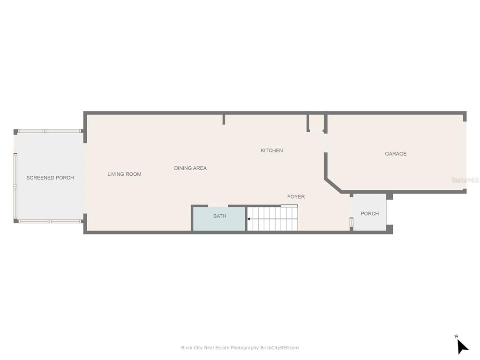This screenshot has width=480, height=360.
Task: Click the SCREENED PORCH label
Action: tap(50, 178)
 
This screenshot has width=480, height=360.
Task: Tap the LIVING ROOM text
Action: tap(124, 174)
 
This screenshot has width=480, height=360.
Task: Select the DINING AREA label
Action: tap(190, 168)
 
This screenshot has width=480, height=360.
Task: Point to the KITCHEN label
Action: tap(271, 150)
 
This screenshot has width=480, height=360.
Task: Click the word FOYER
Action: tap(296, 196)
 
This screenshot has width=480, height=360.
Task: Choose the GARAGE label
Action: tap(396, 154)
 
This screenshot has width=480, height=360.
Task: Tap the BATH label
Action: tap(220, 216)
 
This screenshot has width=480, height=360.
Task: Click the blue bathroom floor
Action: tap(219, 224)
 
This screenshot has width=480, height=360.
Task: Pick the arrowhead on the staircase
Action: tap(248, 219)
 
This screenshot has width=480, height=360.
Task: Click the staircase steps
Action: tap(272, 219)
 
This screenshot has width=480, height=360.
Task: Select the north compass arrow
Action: tap(463, 347)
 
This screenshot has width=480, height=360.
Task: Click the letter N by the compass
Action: tap(456, 337)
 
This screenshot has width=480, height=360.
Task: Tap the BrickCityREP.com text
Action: tap(279, 348)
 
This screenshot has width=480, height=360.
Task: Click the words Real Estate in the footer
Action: tap(217, 348)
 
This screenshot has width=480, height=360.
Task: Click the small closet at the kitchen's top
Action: tap(317, 122)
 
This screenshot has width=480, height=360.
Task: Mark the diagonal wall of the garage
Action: tap(333, 186)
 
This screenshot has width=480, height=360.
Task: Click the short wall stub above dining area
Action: tap(224, 120)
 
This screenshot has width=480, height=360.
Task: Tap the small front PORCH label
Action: tap(370, 214)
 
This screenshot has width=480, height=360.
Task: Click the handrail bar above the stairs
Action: tap(289, 206)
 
